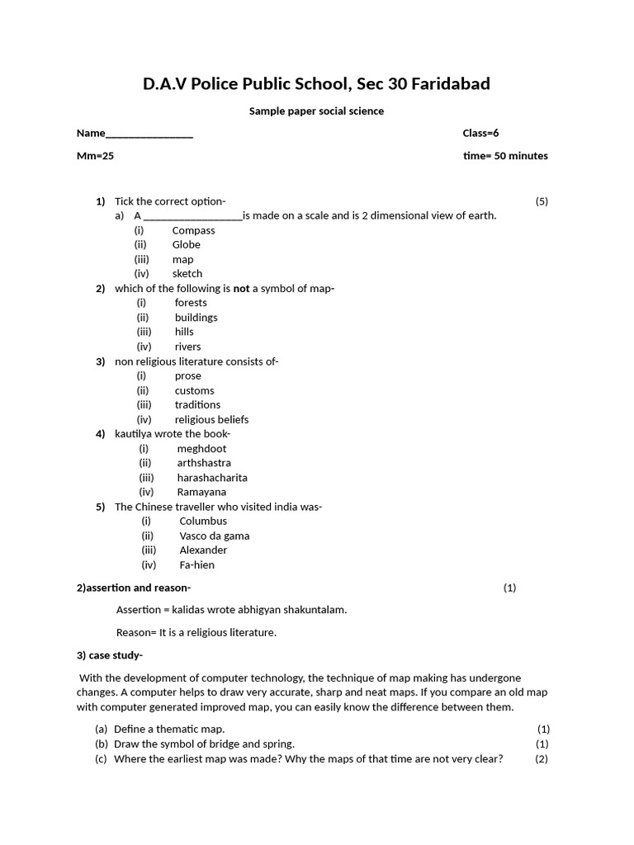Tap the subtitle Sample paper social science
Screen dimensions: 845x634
pyautogui.click(x=316, y=111)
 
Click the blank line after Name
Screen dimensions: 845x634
pyautogui.click(x=149, y=135)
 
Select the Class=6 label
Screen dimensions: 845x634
pyautogui.click(x=480, y=133)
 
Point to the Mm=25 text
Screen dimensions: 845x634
pyautogui.click(x=95, y=155)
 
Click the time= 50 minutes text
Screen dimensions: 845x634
pyautogui.click(x=505, y=155)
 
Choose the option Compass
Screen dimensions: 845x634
pyautogui.click(x=193, y=230)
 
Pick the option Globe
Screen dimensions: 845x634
pyautogui.click(x=186, y=244)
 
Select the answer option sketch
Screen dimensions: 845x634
pyautogui.click(x=187, y=273)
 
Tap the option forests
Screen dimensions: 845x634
pyautogui.click(x=191, y=302)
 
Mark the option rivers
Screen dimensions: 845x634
pyautogui.click(x=187, y=347)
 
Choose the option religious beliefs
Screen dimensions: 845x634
pyautogui.click(x=211, y=419)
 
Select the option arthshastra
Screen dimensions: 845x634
pyautogui.click(x=204, y=463)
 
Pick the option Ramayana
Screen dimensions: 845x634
pyautogui.click(x=201, y=492)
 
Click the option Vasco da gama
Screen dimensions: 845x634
pyautogui.click(x=214, y=536)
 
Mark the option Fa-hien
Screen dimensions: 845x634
pyautogui.click(x=196, y=565)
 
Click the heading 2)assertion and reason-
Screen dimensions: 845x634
pyautogui.click(x=133, y=588)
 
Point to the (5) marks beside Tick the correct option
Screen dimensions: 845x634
pyautogui.click(x=541, y=201)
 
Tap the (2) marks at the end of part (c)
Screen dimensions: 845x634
pyautogui.click(x=541, y=758)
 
